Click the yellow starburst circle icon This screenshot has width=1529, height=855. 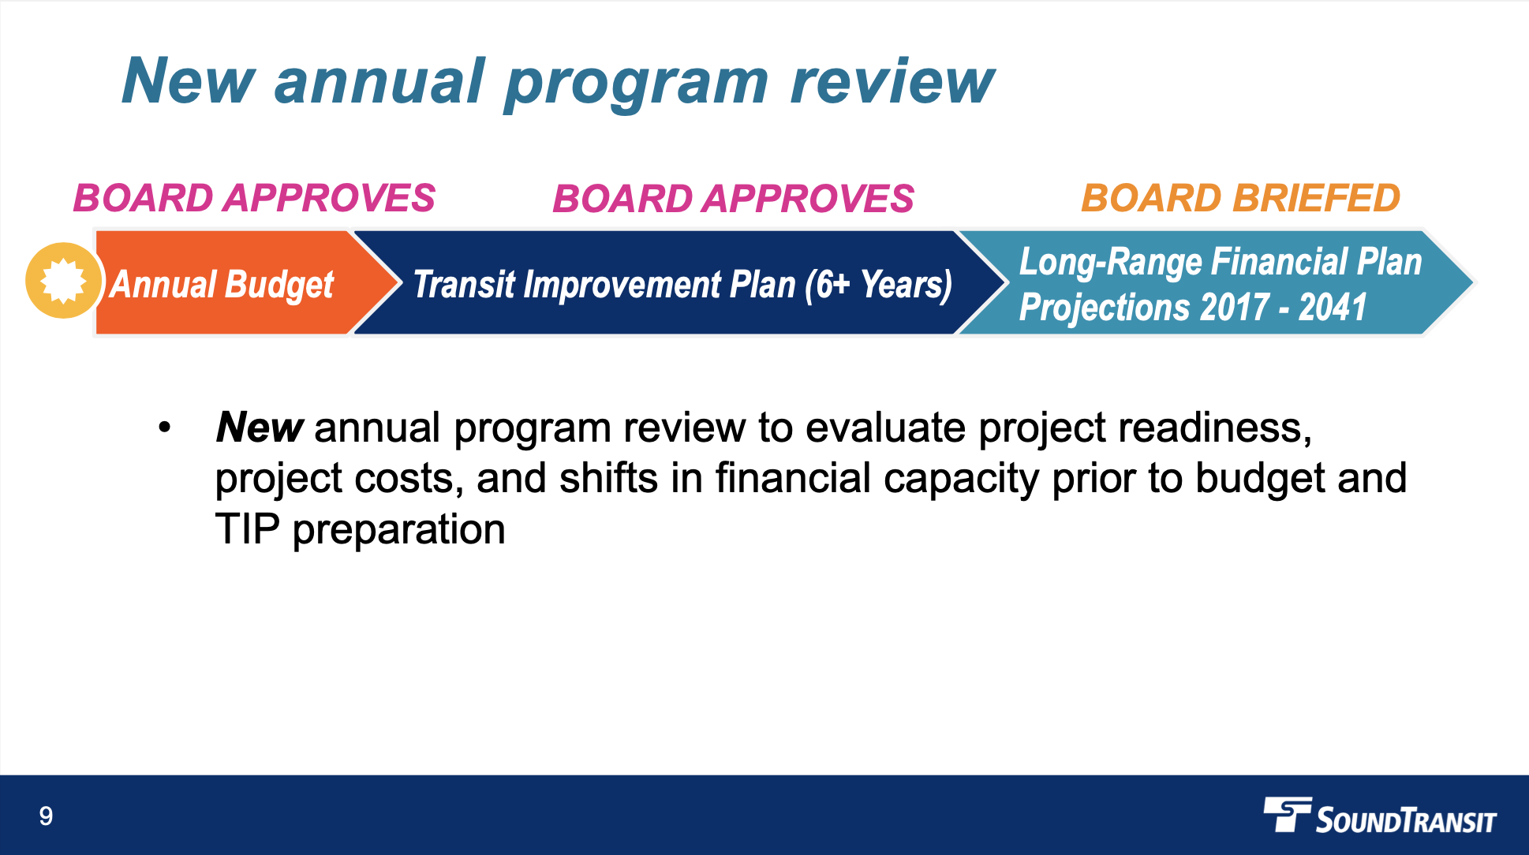[x=64, y=281]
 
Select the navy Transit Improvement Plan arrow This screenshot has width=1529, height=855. [x=679, y=282]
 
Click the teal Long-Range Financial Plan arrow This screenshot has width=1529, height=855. [x=1215, y=282]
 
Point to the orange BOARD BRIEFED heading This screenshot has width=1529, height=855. [x=1240, y=198]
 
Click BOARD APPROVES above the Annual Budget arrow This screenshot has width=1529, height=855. [x=254, y=198]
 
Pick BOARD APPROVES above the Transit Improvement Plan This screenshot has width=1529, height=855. [x=733, y=198]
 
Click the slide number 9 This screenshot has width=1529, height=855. [x=46, y=816]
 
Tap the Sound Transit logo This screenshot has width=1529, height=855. [x=1380, y=816]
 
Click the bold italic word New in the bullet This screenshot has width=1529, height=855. [x=259, y=427]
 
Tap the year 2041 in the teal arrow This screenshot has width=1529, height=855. [x=1333, y=307]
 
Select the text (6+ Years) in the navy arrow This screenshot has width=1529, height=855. [x=878, y=285]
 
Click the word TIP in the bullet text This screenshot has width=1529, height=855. [x=247, y=529]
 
